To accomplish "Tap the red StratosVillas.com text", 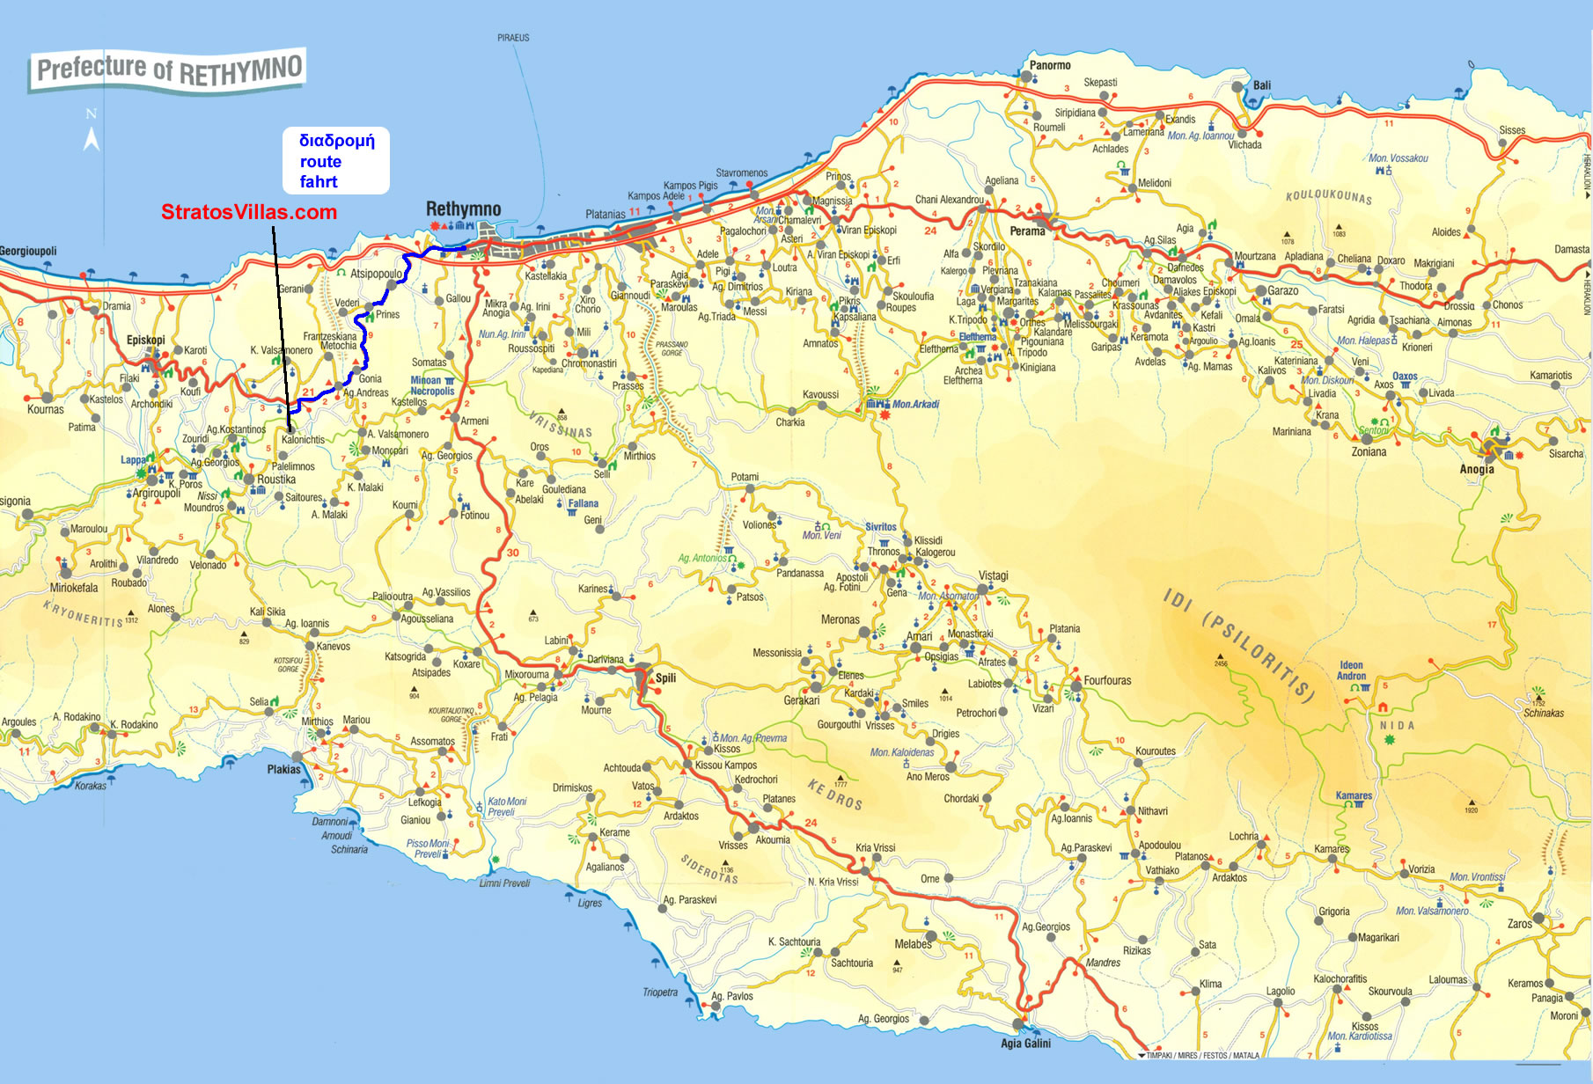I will pyautogui.click(x=249, y=212).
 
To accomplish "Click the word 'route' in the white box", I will pyautogui.click(x=320, y=162).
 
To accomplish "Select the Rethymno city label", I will pyautogui.click(x=463, y=209).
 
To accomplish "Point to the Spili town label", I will pyautogui.click(x=665, y=677).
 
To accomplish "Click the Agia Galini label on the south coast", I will pyautogui.click(x=1025, y=1044).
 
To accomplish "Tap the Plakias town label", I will pyautogui.click(x=283, y=769).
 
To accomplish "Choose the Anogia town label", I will pyautogui.click(x=1476, y=469).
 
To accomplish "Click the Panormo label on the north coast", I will pyautogui.click(x=1050, y=65).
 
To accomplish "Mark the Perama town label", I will pyautogui.click(x=1027, y=231).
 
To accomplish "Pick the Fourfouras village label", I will pyautogui.click(x=1107, y=680).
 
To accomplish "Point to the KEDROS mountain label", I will pyautogui.click(x=834, y=794).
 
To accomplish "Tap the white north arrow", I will pyautogui.click(x=91, y=137).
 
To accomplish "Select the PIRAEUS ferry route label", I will pyautogui.click(x=513, y=38).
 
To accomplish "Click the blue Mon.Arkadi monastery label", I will pyautogui.click(x=915, y=405).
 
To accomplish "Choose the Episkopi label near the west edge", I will pyautogui.click(x=145, y=340).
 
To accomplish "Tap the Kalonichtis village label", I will pyautogui.click(x=303, y=440).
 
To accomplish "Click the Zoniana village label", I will pyautogui.click(x=1369, y=451).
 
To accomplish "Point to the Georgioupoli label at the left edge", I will pyautogui.click(x=28, y=252).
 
